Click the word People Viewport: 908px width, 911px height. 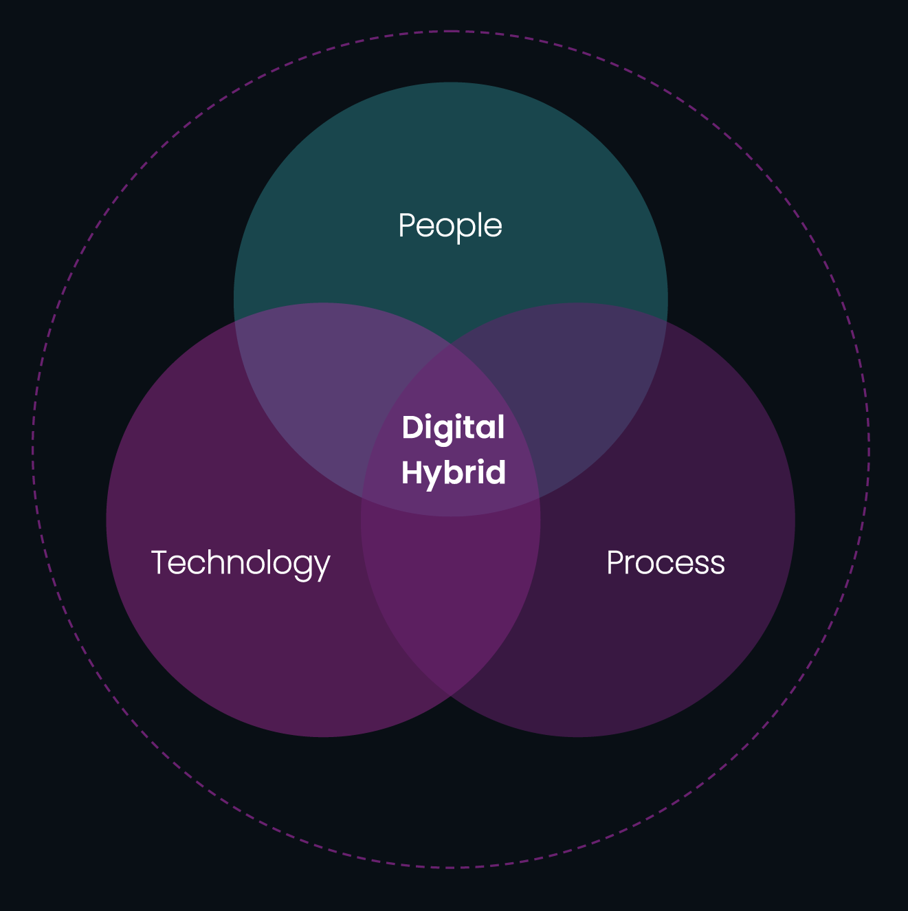[450, 226]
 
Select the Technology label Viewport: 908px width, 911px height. [240, 562]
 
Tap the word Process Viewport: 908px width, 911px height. [665, 562]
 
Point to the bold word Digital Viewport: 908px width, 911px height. [453, 428]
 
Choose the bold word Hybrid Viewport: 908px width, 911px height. [453, 473]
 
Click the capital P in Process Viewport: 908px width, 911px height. [615, 562]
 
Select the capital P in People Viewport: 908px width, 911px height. [407, 226]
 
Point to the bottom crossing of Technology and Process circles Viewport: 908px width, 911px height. [451, 696]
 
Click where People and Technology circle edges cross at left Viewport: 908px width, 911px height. [235, 321]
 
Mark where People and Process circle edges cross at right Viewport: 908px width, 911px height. [666, 321]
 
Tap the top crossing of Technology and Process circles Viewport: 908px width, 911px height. [451, 344]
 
